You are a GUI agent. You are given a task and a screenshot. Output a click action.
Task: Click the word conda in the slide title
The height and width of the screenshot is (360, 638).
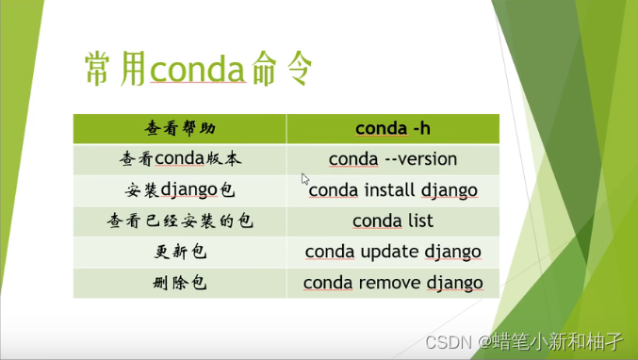coord(198,69)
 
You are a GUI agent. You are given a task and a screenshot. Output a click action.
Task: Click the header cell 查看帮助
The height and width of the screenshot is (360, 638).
coord(179,129)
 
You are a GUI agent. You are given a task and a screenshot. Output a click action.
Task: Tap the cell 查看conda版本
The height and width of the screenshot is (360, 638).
coord(179,159)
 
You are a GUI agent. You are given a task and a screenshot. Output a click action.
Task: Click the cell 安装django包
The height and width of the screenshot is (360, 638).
coord(179,190)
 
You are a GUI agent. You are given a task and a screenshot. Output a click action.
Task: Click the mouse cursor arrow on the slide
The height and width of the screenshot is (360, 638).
coord(304,178)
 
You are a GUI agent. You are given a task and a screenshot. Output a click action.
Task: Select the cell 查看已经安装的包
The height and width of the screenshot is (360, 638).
coord(179,221)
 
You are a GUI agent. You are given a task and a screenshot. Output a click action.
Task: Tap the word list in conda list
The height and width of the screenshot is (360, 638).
coord(418,221)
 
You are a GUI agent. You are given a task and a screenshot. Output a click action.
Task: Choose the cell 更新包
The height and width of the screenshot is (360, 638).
coord(179,253)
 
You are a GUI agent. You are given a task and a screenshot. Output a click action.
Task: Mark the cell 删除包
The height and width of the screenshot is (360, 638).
coord(179,283)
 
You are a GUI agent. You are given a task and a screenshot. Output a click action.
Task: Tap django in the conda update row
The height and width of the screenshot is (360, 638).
coord(451,253)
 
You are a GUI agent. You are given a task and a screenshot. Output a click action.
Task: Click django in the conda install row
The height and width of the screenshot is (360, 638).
coord(448,190)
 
